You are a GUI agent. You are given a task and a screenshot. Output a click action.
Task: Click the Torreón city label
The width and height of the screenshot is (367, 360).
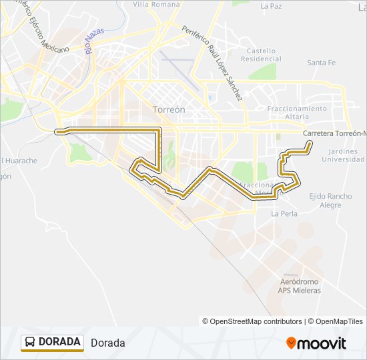168,109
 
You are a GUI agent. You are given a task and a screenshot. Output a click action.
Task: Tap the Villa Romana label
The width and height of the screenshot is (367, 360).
156,4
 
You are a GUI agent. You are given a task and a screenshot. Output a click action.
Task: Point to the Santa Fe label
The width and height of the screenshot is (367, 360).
321,63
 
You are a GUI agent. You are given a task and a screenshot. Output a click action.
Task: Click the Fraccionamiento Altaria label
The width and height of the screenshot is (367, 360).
297,112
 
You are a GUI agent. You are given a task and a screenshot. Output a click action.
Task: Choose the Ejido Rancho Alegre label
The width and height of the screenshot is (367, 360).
330,201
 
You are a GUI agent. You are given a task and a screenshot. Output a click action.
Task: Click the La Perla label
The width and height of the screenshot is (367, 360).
284,214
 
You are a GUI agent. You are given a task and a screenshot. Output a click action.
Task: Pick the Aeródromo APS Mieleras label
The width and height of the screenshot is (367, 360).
300,286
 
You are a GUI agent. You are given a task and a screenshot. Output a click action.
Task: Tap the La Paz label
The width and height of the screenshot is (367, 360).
271,6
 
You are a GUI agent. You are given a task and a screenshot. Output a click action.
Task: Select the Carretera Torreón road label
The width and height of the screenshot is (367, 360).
334,133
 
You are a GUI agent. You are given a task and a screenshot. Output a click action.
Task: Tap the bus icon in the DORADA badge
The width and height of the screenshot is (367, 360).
30,342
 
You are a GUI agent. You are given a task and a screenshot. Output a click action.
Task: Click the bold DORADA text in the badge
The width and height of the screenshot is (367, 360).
59,342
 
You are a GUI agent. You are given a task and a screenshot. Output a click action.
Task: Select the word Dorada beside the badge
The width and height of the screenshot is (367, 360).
107,343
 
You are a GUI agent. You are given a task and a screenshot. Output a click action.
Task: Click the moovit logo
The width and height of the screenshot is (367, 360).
316,343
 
